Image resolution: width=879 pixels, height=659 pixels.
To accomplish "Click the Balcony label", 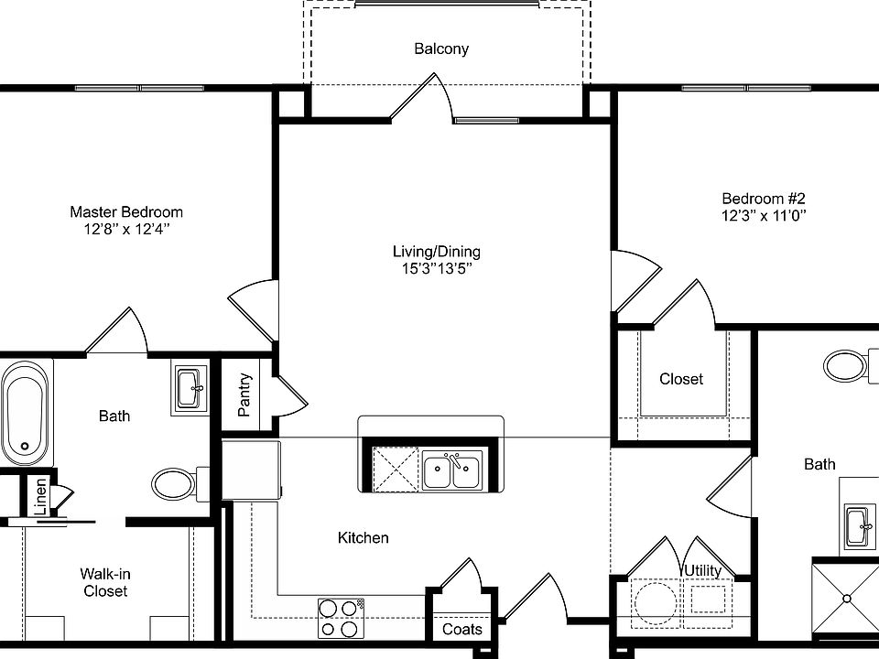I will (x=441, y=49).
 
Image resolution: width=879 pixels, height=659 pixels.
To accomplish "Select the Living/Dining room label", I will (x=436, y=252).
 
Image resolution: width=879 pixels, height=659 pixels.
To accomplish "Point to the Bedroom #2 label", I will (x=763, y=199).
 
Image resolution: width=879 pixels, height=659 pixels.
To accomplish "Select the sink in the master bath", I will (x=192, y=387).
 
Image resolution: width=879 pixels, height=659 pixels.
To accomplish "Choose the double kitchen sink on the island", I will (x=451, y=471).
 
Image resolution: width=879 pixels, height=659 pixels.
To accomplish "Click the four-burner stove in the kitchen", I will (x=341, y=618).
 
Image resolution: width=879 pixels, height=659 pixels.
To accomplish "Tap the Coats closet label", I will (x=462, y=630).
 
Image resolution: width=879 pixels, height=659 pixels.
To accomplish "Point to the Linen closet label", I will (x=40, y=498).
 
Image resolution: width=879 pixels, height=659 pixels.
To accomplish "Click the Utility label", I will (x=702, y=570).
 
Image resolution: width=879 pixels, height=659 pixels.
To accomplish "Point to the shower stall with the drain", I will (x=846, y=598).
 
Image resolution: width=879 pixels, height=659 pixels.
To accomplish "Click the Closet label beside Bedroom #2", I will (x=681, y=378).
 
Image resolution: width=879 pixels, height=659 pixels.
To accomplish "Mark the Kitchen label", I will (x=364, y=538).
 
